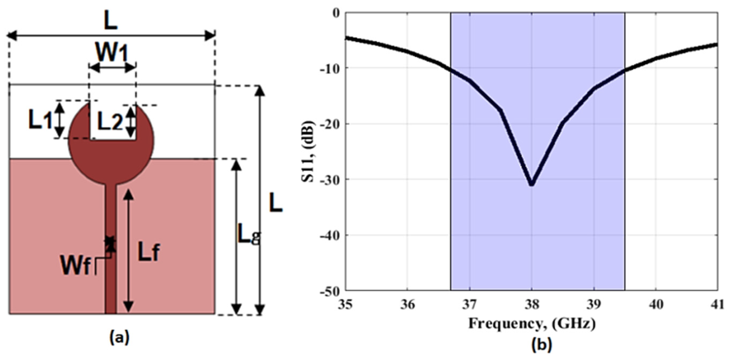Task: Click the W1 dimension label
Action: tap(112, 53)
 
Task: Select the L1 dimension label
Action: tap(40, 120)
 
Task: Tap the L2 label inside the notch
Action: tap(110, 122)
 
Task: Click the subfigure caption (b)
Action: tap(541, 345)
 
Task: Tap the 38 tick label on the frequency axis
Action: tap(532, 305)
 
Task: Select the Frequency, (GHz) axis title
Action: tap(532, 323)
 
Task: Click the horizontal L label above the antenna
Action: tap(111, 21)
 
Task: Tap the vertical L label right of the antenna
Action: tap(276, 202)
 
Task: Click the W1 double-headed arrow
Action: tap(112, 68)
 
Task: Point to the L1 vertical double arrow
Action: tap(60, 119)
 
